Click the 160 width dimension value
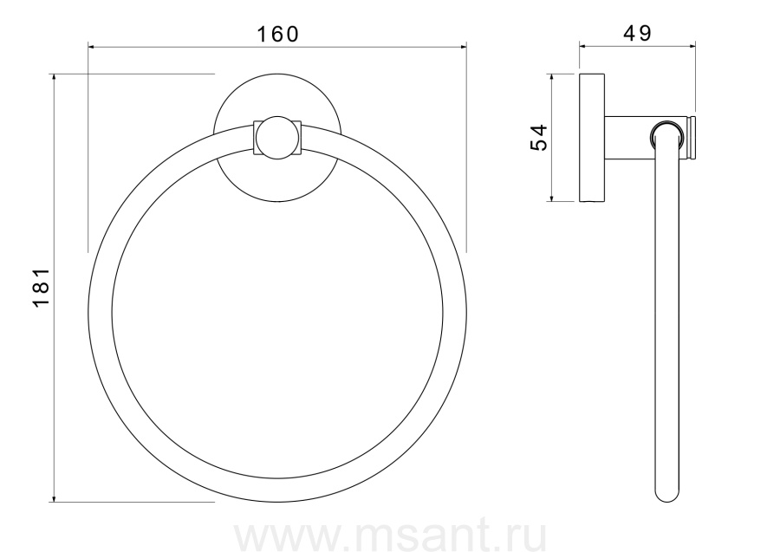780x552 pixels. tap(277, 35)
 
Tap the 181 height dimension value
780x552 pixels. tap(42, 287)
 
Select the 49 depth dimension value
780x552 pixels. tap(637, 33)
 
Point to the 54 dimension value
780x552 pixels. tap(539, 137)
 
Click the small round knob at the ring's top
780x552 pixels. tap(277, 138)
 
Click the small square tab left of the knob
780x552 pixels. tap(258, 138)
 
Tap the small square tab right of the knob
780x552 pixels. tap(297, 138)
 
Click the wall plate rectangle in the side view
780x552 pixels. tap(592, 138)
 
